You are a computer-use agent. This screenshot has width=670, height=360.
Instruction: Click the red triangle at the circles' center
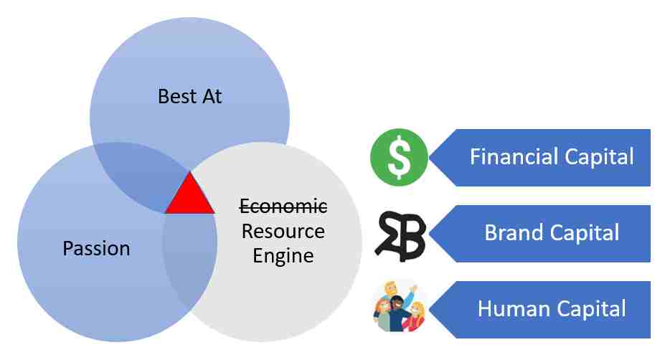(x=190, y=196)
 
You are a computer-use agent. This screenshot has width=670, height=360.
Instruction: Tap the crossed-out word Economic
(x=283, y=207)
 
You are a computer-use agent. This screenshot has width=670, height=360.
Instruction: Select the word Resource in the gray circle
(x=283, y=231)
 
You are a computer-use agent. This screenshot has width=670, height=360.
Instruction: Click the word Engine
(x=283, y=256)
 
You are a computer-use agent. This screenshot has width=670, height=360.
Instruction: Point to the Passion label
(x=97, y=248)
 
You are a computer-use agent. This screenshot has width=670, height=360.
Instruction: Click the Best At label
(x=189, y=96)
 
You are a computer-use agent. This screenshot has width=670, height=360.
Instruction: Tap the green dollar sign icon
(x=399, y=157)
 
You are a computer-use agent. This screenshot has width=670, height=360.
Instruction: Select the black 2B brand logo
(x=400, y=236)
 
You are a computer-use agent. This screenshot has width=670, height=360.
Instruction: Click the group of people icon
(x=400, y=305)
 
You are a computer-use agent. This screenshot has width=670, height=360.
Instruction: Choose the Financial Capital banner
(x=540, y=158)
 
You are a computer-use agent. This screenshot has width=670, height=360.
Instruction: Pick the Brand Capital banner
(x=540, y=234)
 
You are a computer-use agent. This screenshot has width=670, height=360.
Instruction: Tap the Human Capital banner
(x=540, y=310)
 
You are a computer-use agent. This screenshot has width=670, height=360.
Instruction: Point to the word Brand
(x=514, y=233)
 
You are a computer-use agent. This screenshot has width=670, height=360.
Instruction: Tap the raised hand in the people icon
(x=412, y=289)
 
